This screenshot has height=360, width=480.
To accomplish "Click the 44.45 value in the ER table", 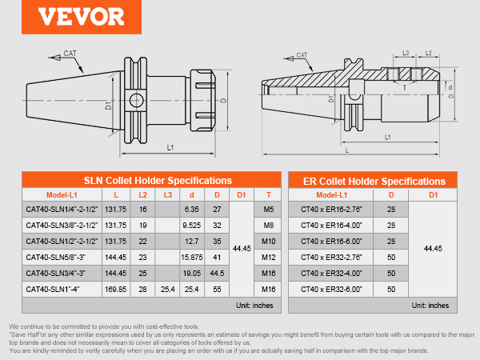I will pyautogui.click(x=433, y=249).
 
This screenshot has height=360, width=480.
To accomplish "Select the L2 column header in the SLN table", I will pyautogui.click(x=143, y=195).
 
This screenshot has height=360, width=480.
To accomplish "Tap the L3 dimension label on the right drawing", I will pyautogui.click(x=406, y=53).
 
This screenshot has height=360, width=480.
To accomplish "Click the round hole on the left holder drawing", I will pyautogui.click(x=136, y=101).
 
